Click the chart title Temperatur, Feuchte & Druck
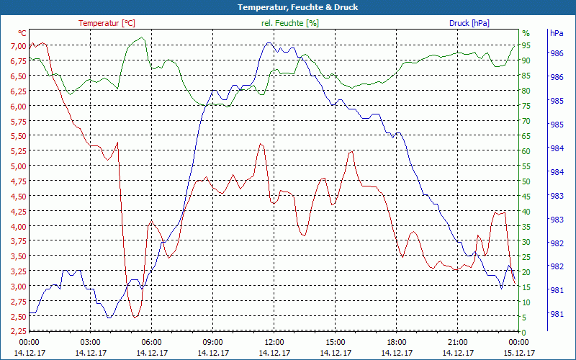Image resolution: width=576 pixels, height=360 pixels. coord(288,7)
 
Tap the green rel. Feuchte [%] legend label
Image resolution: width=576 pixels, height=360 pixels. coord(290,23)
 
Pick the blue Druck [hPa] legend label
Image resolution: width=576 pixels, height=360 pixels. coord(469,23)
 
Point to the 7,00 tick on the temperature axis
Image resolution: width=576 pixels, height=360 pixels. coord(17,46)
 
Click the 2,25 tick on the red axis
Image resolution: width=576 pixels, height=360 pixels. coord(17,331)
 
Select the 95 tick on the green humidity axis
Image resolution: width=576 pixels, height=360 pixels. coord(526,46)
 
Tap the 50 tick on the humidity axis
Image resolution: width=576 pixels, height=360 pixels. coord(526,181)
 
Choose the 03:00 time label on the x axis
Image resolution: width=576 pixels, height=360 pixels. coord(91,342)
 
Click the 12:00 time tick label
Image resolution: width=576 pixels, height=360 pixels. coord(274,342)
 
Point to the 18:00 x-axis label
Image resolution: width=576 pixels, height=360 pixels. coord(397,342)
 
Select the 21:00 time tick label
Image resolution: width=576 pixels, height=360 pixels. coord(458,342)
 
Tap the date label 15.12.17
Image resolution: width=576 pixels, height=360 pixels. coord(519,353)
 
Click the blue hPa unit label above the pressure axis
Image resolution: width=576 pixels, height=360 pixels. coord(556,33)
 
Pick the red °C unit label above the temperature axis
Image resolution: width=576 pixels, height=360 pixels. coord(22,33)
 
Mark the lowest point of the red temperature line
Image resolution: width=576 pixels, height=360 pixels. coord(135,317)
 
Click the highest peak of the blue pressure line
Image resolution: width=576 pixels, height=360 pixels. coord(269,43)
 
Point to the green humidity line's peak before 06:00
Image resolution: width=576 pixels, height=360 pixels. coord(142,37)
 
